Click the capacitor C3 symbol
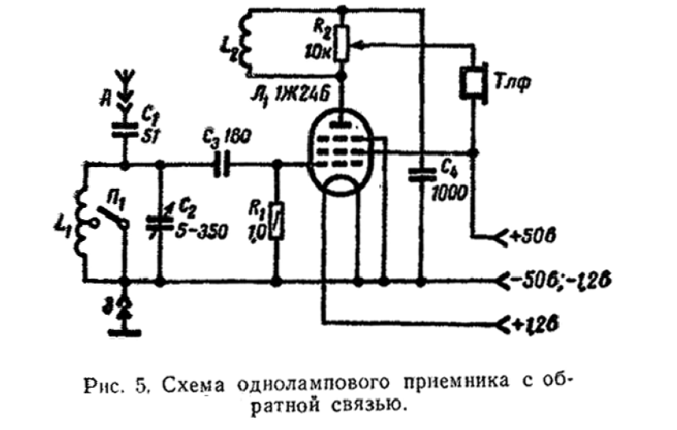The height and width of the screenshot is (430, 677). click(x=221, y=163)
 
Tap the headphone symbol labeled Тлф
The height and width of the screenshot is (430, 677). click(x=474, y=83)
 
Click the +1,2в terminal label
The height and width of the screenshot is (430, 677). click(x=538, y=325)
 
